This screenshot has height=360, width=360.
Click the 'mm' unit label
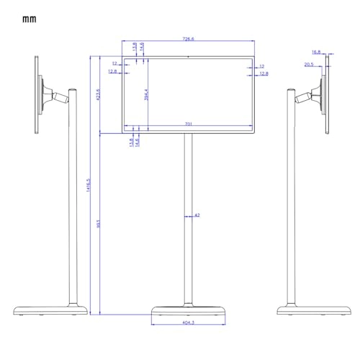pyautogui.click(x=29, y=19)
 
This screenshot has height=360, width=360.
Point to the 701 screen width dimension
pyautogui.click(x=188, y=125)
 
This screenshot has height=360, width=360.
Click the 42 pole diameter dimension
pyautogui.click(x=197, y=215)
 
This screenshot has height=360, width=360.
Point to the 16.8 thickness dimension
pyautogui.click(x=316, y=52)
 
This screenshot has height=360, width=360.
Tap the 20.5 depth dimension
pyautogui.click(x=308, y=64)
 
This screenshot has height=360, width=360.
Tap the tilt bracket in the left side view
pyautogui.click(x=53, y=94)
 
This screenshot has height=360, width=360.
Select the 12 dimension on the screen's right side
pyautogui.click(x=262, y=66)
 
